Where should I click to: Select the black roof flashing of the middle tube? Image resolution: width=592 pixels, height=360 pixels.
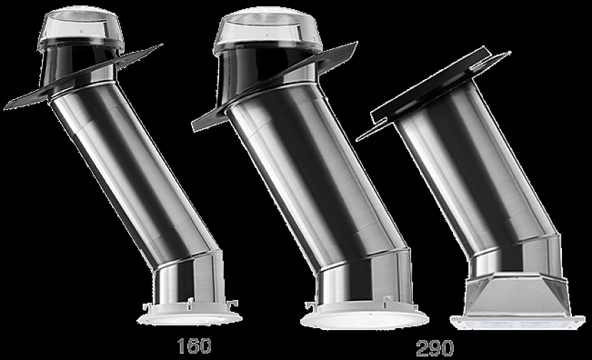(214, 118)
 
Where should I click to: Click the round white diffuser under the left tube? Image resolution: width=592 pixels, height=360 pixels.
(189, 317)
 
